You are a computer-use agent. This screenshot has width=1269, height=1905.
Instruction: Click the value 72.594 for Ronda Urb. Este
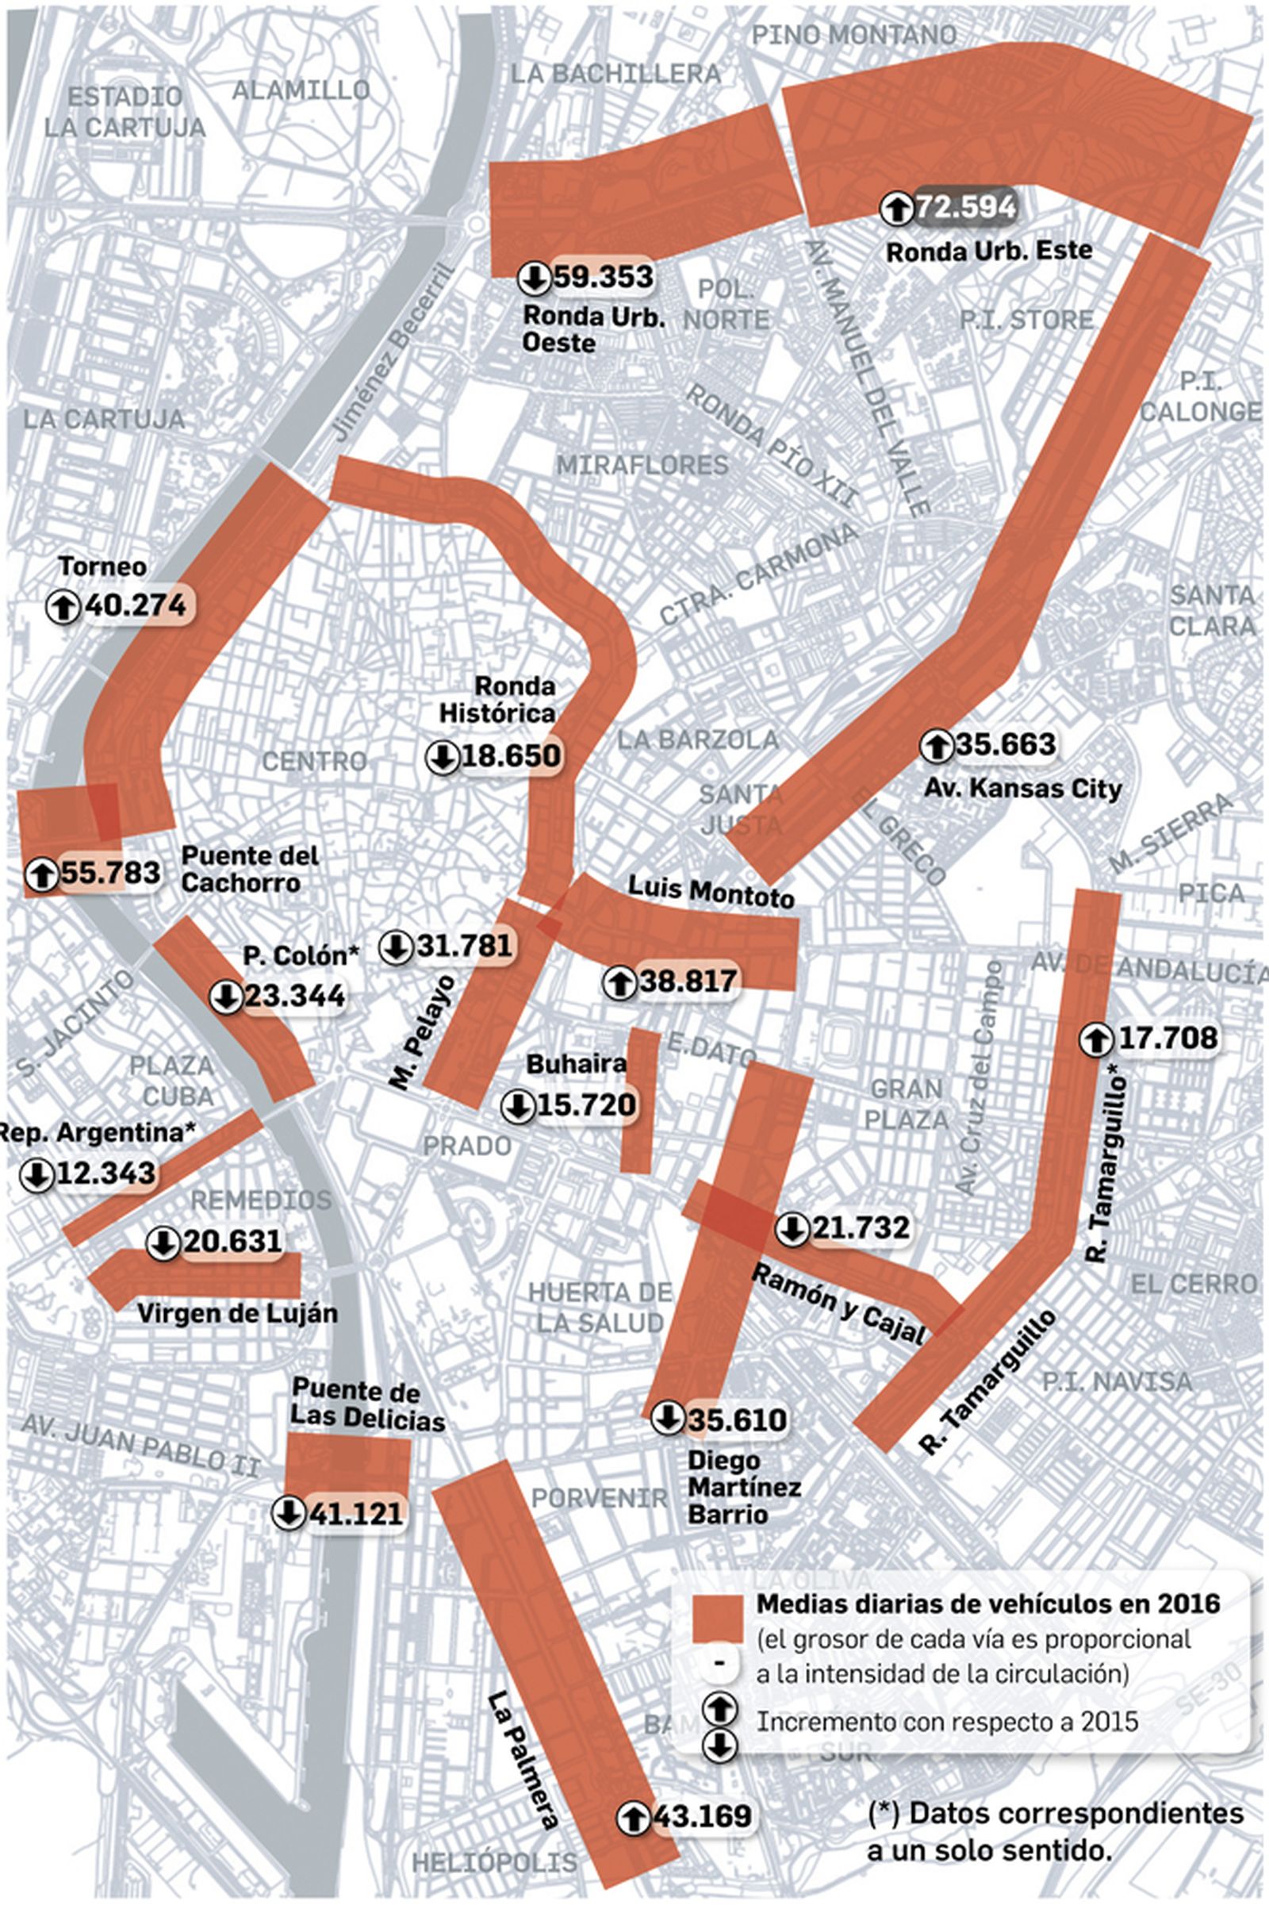point(964,206)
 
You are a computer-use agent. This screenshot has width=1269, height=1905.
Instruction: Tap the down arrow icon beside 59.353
point(534,278)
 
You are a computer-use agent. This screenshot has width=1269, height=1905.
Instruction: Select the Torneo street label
point(102,567)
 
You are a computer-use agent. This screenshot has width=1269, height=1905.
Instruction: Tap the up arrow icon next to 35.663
point(937,746)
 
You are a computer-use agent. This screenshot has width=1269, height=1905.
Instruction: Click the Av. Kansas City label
point(1022,788)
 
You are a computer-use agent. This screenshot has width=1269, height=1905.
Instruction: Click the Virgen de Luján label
point(236,1312)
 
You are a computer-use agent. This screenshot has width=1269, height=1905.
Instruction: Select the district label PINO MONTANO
point(854,35)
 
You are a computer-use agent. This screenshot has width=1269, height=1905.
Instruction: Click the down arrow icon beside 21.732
point(792,1229)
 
